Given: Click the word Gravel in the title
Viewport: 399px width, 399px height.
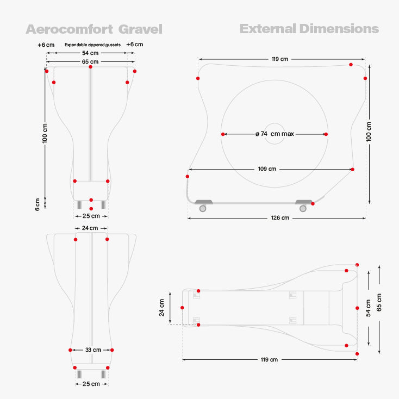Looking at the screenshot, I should (141, 29).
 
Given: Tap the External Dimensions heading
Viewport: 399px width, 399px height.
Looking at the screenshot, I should (309, 29).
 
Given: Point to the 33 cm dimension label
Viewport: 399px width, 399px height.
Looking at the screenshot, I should (93, 350).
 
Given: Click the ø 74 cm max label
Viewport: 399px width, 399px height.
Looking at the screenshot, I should (275, 134).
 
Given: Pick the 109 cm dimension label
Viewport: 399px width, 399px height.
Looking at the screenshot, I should (267, 169).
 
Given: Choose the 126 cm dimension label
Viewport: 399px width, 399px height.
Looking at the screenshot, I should (279, 217).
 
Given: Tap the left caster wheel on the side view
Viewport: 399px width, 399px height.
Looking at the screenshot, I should (203, 208).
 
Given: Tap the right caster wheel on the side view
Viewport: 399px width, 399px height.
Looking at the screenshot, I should (303, 208).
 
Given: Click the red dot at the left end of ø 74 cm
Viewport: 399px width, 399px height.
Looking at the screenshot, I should (223, 134).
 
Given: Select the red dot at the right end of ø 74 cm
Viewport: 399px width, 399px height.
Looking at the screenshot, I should (326, 134).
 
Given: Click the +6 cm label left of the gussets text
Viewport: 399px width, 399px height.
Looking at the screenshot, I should (46, 45).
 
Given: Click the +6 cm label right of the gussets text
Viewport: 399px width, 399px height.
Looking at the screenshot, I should (134, 45).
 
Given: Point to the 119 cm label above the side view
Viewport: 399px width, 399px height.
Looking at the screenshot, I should (279, 59).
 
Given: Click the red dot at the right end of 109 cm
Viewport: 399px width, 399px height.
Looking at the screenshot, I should (352, 170).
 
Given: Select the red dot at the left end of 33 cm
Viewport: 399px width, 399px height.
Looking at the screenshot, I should (70, 350).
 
